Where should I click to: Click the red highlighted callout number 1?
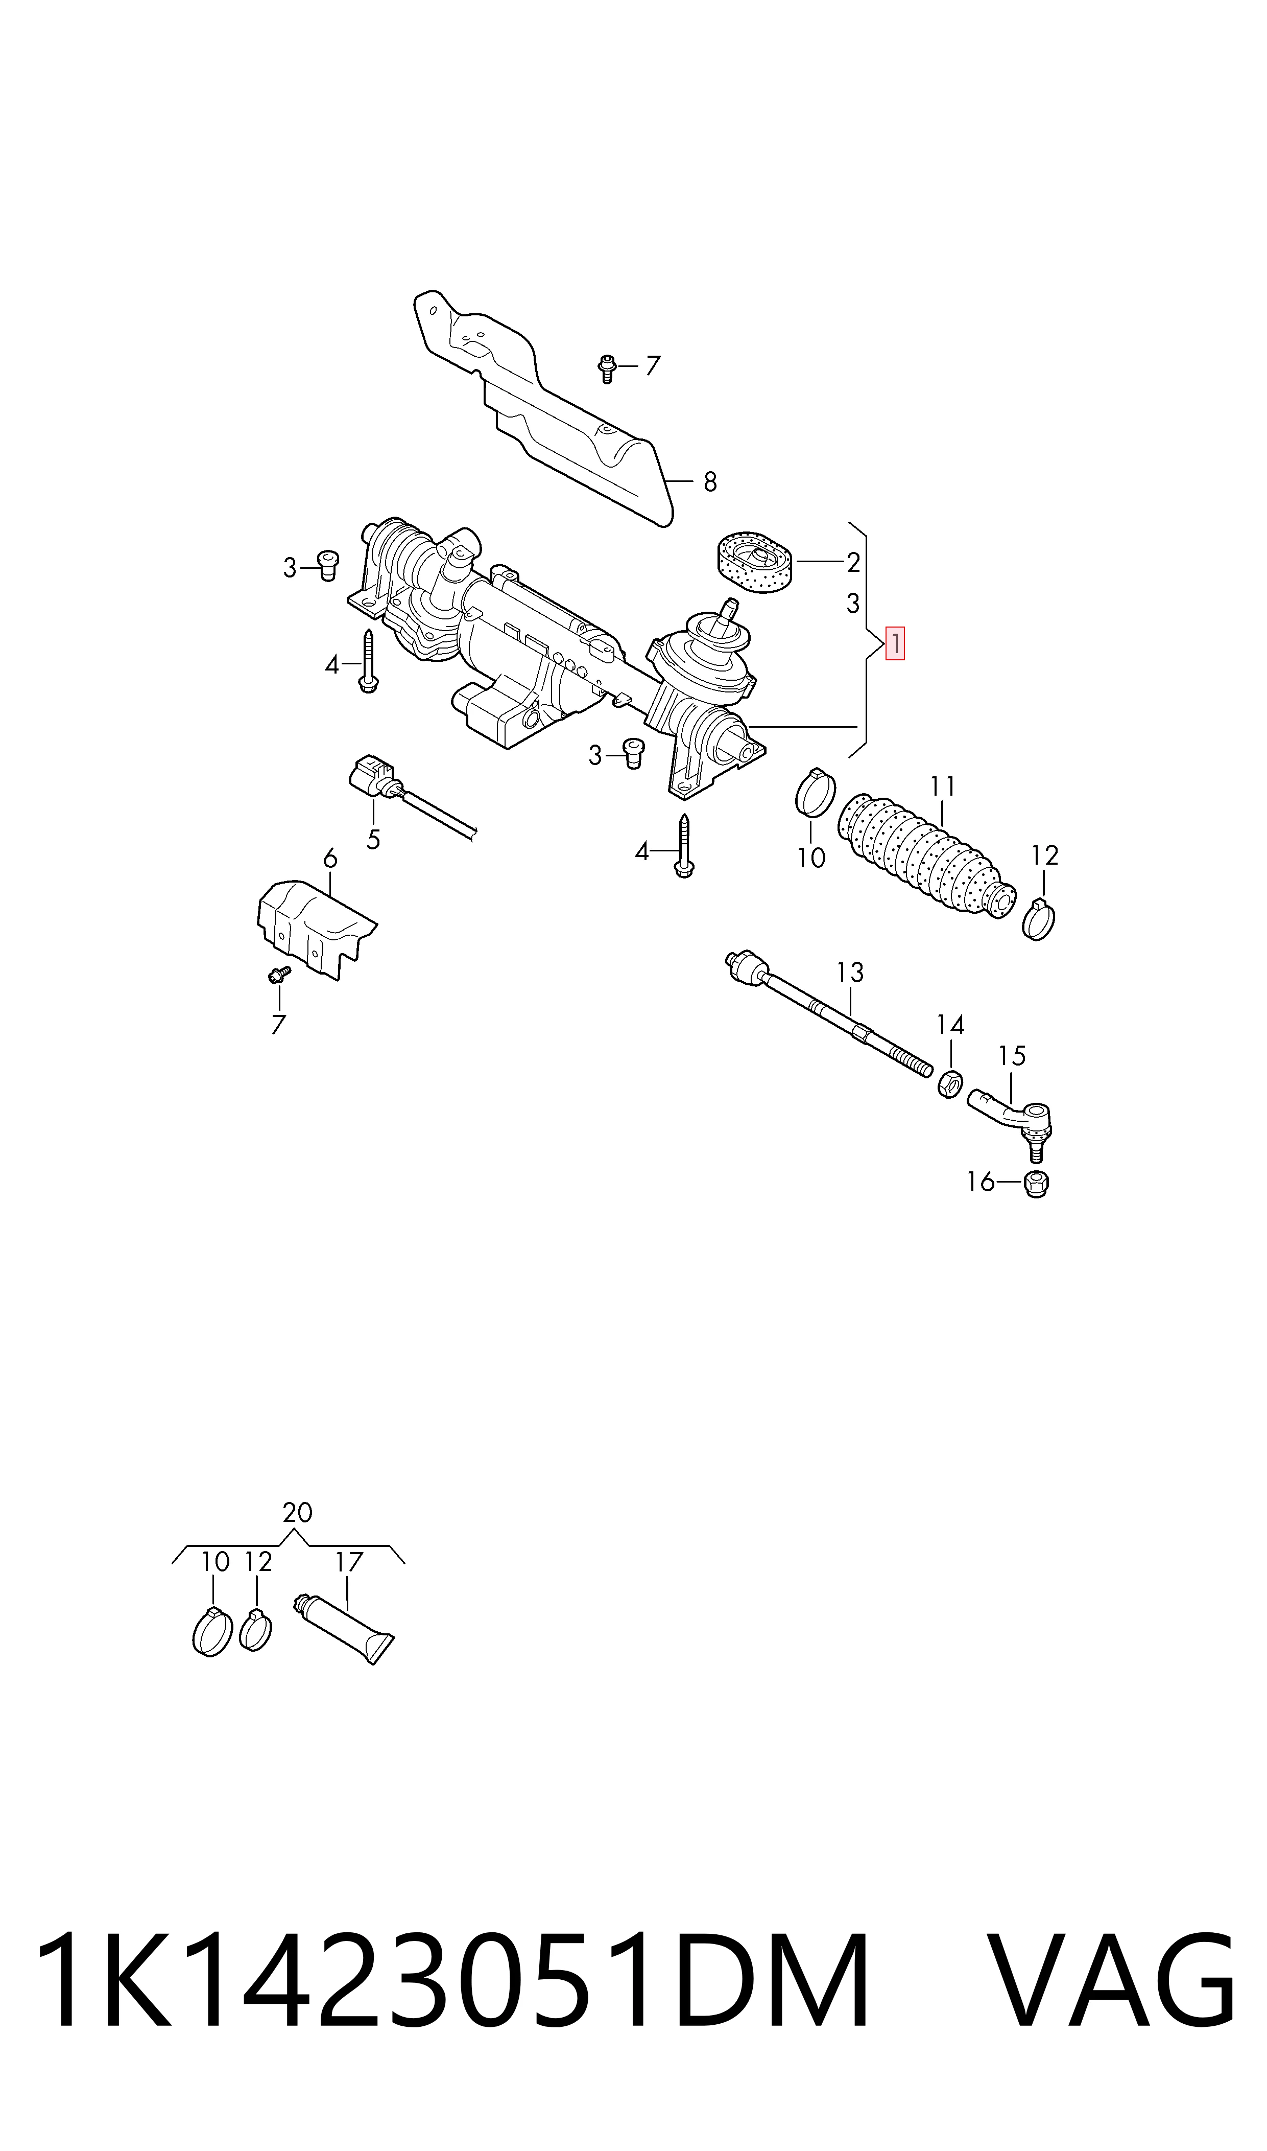click(895, 643)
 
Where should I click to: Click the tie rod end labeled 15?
click(1011, 1116)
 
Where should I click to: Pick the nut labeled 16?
click(1036, 1184)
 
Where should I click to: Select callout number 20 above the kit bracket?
click(297, 1512)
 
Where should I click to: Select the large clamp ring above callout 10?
click(816, 793)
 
